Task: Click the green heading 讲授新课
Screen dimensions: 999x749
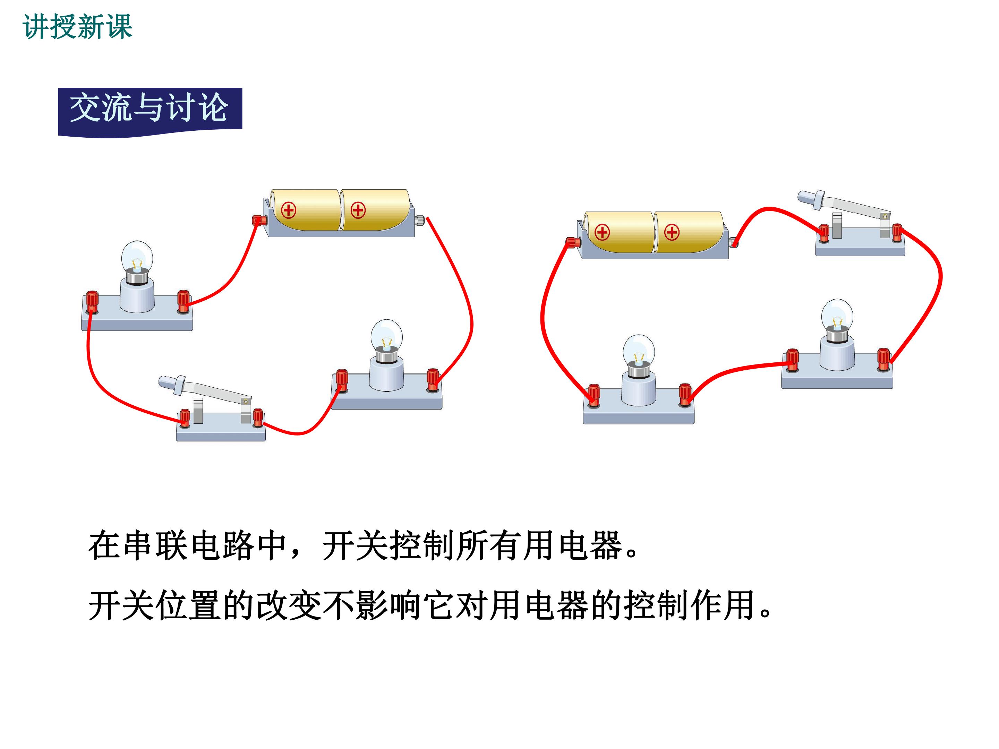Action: tap(77, 27)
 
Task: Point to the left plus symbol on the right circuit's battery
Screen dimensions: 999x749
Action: tap(602, 232)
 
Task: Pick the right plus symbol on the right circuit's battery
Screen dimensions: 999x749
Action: tap(672, 232)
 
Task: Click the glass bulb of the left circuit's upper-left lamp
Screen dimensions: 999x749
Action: tap(137, 258)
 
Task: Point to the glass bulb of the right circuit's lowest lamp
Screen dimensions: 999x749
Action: tap(639, 351)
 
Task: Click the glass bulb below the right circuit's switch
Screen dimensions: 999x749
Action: tap(837, 316)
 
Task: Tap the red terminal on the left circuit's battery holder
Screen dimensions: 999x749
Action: tap(259, 220)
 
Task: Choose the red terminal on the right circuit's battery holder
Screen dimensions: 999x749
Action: tap(573, 242)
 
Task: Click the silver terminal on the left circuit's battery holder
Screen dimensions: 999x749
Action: tap(420, 220)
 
